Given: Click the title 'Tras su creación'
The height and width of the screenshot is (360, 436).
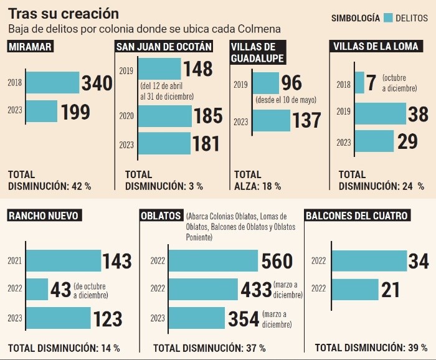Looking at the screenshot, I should point(63,12).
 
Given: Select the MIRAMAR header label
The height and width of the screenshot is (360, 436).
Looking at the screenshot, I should point(30,47).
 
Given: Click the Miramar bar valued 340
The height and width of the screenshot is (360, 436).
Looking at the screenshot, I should point(52,82).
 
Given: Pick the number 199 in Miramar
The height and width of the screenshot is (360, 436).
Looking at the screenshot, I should point(75,112).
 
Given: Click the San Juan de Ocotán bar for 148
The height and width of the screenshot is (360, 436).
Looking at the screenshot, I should point(159,69).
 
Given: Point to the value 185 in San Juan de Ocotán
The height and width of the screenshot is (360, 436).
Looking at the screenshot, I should point(207,116).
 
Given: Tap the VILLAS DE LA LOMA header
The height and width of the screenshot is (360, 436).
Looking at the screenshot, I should point(375,47).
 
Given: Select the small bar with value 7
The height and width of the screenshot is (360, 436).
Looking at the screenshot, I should point(359,82).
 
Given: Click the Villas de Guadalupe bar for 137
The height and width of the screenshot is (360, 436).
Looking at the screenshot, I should point(272,120).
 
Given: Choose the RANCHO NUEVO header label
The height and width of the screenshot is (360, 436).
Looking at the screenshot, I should point(43,216).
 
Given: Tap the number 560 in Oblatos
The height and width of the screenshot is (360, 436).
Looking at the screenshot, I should point(278,261).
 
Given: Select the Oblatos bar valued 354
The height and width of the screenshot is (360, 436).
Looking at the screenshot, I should point(197,318).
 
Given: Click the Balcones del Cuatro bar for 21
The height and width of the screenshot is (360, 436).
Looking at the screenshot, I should point(356,289).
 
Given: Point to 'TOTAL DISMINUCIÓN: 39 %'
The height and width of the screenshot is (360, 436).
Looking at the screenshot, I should point(368,347).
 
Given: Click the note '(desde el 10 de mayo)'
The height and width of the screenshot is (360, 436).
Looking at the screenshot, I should point(285,100).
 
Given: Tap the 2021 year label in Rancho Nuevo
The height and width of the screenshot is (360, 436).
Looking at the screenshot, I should point(15,261).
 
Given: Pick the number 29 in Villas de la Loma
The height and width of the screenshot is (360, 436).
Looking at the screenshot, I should point(407,141).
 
